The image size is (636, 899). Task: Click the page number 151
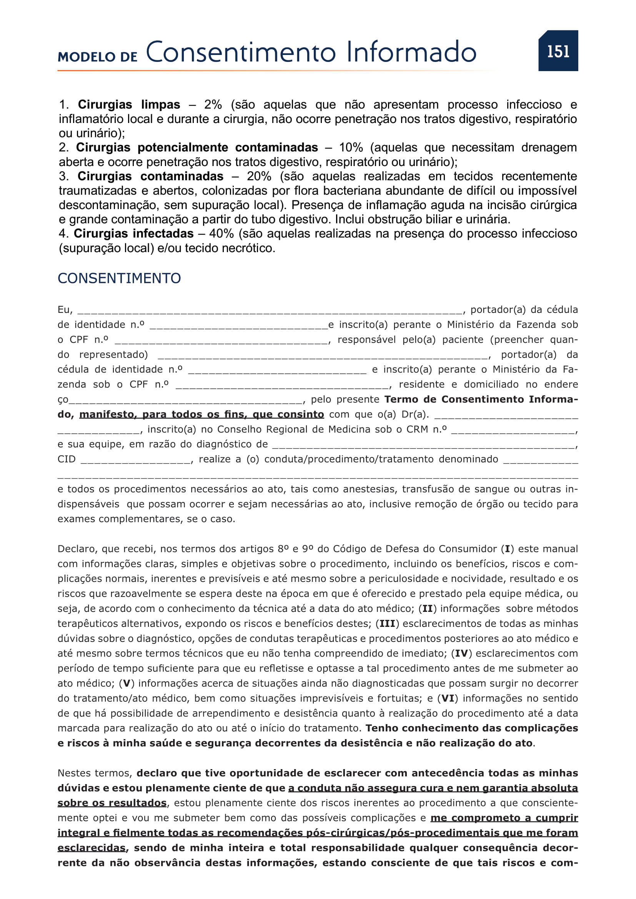coord(558,51)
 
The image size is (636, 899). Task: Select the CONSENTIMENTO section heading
coord(119,278)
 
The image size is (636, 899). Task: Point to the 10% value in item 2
coord(351,148)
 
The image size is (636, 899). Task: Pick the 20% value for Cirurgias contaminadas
coord(258,176)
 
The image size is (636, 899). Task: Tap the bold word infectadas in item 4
coord(163,234)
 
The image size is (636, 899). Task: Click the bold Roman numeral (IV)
coord(461,653)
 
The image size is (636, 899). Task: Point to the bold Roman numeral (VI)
coord(448,698)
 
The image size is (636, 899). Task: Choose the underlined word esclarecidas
coord(91,848)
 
